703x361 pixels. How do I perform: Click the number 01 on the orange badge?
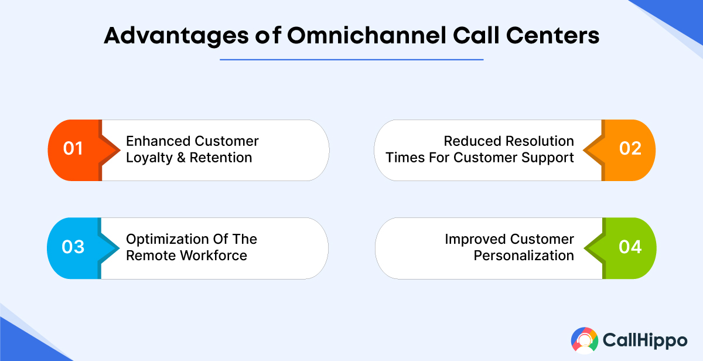pos(73,149)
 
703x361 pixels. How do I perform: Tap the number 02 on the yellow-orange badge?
pos(630,149)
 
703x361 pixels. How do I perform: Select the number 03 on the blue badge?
pos(73,247)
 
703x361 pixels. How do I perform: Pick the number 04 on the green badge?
pos(630,247)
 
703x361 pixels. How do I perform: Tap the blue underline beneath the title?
pos(351,59)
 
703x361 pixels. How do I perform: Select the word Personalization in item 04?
pos(524,256)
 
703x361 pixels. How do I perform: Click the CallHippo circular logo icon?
pos(585,341)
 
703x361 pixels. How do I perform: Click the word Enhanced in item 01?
pos(158,141)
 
